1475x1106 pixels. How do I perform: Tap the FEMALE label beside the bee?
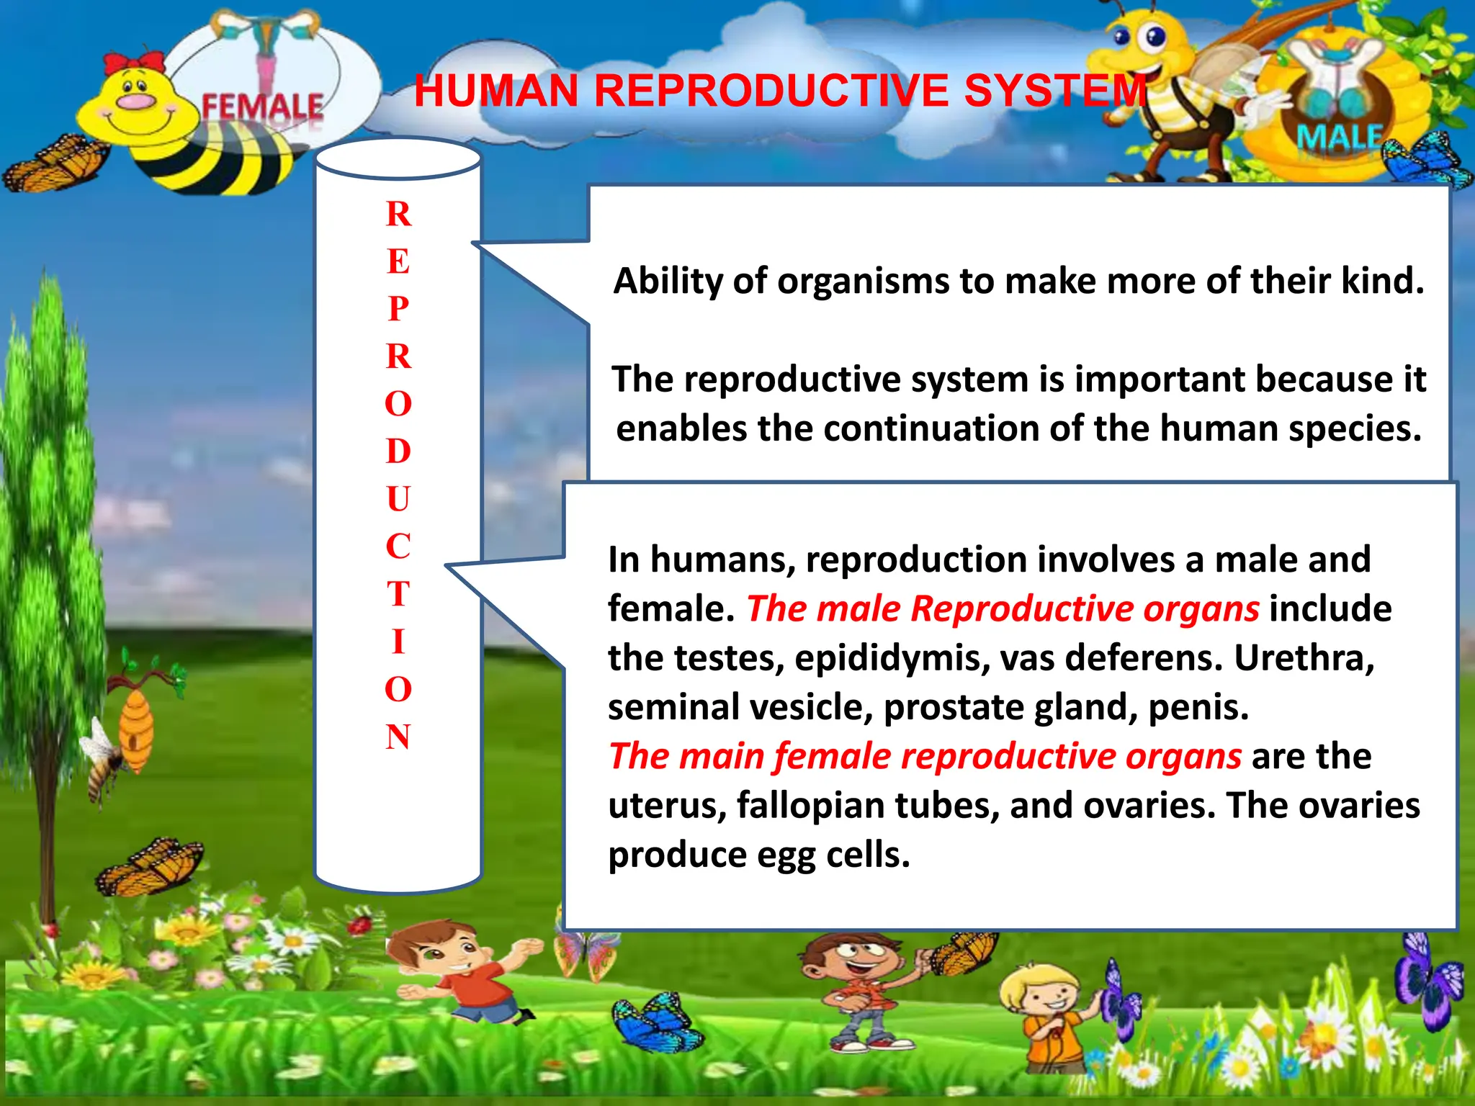pos(262,108)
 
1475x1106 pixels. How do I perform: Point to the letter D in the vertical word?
pos(398,451)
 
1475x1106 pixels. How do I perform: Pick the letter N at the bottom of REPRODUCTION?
pos(398,737)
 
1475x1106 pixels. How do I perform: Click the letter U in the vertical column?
pos(398,499)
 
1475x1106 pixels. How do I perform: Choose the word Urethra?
pos(1304,658)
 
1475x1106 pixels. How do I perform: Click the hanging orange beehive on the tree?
pos(135,727)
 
